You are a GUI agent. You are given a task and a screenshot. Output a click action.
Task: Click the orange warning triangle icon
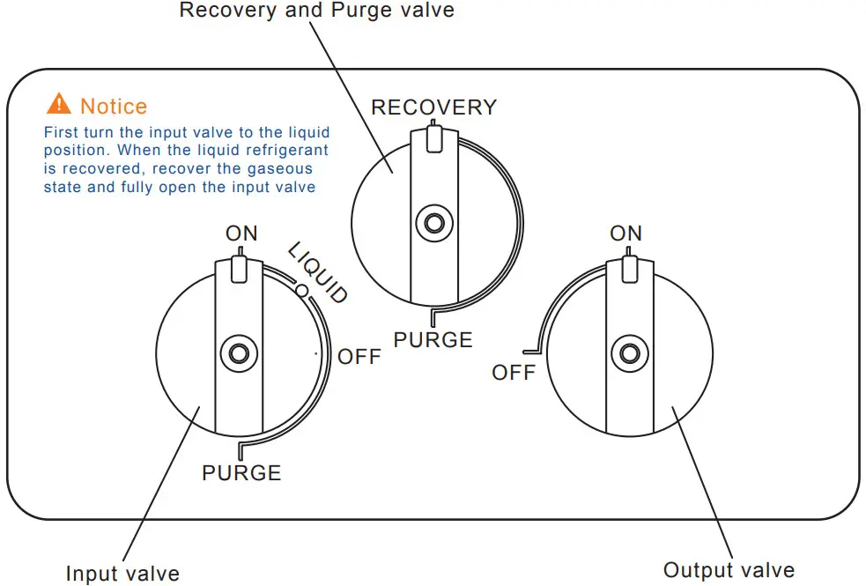coord(58,104)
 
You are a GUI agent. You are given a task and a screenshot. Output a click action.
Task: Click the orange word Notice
coord(114,107)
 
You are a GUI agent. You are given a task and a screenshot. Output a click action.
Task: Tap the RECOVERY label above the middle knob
coord(433,108)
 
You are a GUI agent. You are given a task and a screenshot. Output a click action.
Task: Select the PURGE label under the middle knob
coord(433,340)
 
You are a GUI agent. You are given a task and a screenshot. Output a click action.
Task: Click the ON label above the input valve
coord(241,234)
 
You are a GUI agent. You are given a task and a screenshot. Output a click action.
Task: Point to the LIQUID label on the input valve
coord(318,272)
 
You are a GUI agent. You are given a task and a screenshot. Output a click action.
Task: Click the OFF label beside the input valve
coord(359,357)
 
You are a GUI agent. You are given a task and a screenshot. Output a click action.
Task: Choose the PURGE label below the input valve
coord(241,473)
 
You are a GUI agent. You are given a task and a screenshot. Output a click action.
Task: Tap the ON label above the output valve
coord(625,234)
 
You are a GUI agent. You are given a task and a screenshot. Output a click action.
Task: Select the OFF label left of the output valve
coord(514,373)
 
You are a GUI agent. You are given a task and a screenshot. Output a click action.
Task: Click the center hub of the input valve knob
coord(238,353)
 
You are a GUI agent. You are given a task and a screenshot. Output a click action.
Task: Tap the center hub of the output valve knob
coord(628,353)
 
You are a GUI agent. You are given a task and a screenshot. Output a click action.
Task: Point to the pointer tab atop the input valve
coord(239,268)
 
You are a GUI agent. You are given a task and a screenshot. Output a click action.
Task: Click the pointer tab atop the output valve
coord(628,268)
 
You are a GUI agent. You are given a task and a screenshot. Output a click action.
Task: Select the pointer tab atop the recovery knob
coord(433,137)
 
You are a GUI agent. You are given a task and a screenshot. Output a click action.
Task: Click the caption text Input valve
coord(122,574)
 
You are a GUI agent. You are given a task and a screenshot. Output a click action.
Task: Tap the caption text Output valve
coord(729,570)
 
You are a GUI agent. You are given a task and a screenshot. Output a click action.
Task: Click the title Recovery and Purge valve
coord(317,11)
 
